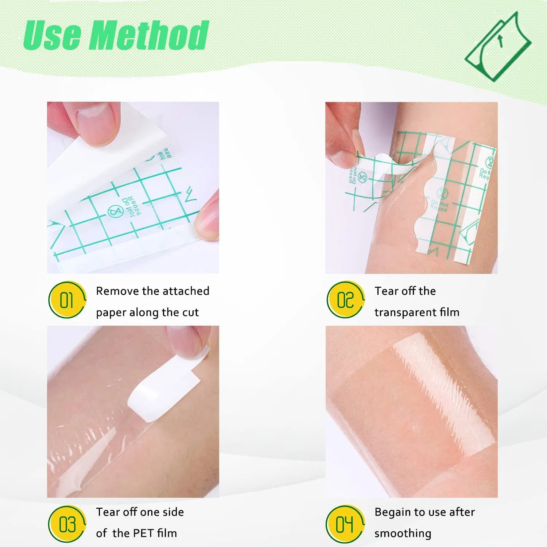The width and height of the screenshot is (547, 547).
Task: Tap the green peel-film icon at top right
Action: (x=498, y=46)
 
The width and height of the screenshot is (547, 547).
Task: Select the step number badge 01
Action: (x=67, y=300)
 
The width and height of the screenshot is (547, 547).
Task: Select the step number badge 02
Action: (x=345, y=300)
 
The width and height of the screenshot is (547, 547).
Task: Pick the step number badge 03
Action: (x=67, y=524)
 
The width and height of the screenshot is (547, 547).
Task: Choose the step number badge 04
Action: (x=345, y=524)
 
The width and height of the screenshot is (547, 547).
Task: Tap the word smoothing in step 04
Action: (x=403, y=534)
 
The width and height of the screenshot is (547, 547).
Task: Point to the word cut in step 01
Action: (x=190, y=313)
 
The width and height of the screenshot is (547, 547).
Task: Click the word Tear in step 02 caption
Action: (x=386, y=291)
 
